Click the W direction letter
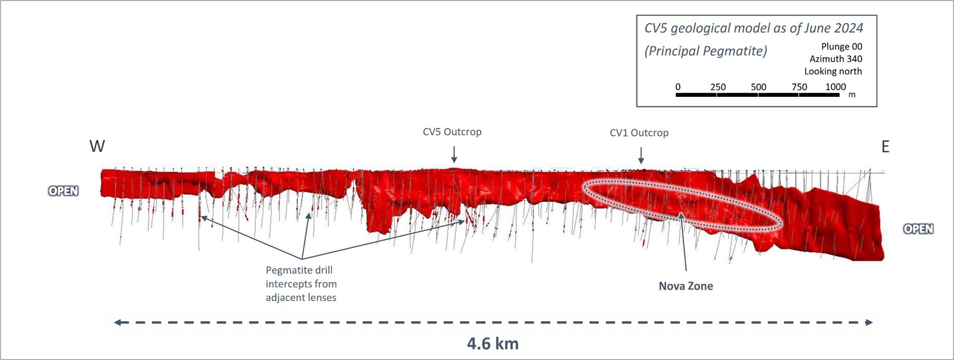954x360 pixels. [97, 146]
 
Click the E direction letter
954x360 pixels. [885, 147]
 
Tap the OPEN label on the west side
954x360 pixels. [63, 191]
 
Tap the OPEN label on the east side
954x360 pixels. [918, 229]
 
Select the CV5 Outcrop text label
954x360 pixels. [452, 132]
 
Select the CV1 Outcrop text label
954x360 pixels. [639, 133]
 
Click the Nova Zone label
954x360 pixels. [686, 286]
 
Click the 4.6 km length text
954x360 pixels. [493, 343]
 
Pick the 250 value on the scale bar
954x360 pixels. [718, 87]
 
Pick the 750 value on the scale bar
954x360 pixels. [799, 87]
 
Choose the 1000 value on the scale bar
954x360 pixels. [835, 87]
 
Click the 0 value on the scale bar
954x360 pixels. [678, 87]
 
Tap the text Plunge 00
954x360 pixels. [841, 46]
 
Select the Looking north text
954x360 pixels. [833, 71]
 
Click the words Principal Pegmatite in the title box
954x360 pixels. [706, 51]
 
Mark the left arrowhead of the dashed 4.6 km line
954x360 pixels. [117, 322]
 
